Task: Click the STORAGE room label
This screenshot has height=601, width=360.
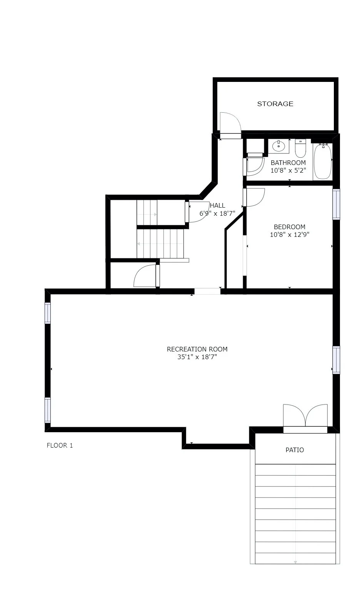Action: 275,104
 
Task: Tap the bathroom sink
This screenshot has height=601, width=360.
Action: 278,146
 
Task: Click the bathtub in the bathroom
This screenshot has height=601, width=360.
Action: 322,161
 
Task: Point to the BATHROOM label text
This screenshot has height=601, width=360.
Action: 288,163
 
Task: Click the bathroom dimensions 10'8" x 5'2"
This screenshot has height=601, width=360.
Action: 288,170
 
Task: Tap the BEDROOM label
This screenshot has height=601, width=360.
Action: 289,227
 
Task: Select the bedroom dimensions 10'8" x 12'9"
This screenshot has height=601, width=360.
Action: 289,234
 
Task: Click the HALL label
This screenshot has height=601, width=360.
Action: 218,206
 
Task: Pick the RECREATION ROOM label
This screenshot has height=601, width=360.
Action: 197,349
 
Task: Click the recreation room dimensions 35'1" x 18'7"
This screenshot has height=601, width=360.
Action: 197,357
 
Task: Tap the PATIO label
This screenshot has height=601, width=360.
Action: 295,450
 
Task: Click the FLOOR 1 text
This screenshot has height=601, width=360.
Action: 60,446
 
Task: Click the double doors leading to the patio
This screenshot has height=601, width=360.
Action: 305,417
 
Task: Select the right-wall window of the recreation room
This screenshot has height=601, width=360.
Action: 336,360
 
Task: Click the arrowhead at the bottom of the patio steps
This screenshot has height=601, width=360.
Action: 295,562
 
